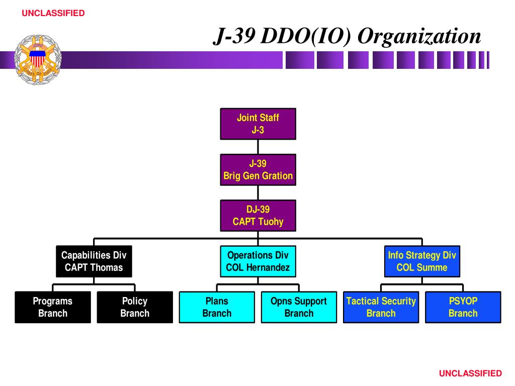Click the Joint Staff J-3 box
[x=258, y=124]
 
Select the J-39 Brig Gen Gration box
[x=258, y=170]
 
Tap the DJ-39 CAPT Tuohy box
[x=258, y=216]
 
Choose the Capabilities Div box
[x=94, y=261]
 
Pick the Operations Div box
[x=258, y=261]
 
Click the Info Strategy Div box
[x=422, y=261]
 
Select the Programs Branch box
[x=53, y=307]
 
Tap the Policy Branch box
[x=135, y=307]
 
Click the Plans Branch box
[x=217, y=307]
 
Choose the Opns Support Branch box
[x=299, y=307]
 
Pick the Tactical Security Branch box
[x=381, y=307]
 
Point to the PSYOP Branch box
[x=463, y=307]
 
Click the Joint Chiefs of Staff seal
[x=38, y=60]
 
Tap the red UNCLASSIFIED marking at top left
[x=53, y=13]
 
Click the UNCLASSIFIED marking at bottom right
[x=470, y=373]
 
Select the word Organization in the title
[x=419, y=36]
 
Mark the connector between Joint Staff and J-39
[x=258, y=147]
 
